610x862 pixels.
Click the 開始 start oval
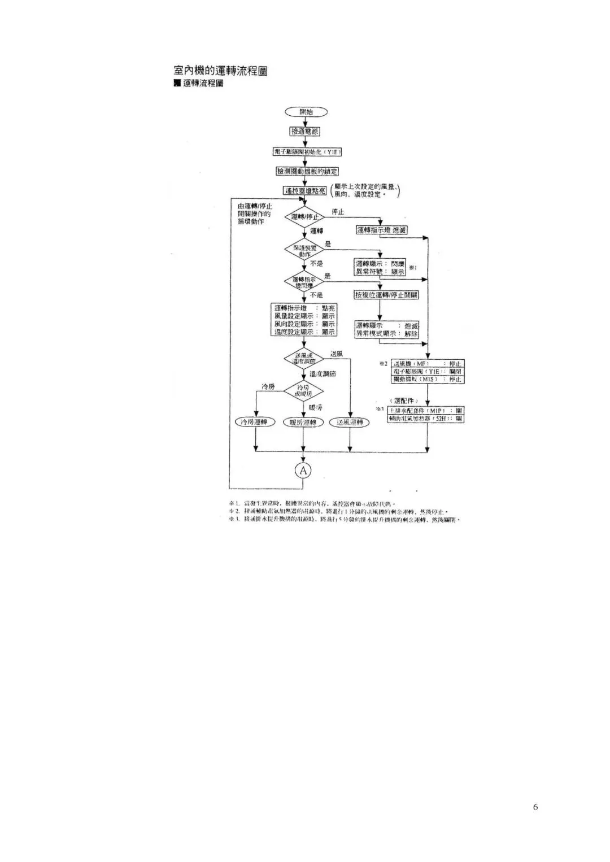[306, 112]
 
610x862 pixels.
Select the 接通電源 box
[305, 132]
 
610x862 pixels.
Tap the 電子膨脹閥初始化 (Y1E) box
[307, 151]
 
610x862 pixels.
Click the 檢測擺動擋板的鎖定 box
[307, 171]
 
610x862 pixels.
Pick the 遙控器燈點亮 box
[305, 191]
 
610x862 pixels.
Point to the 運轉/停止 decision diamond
[304, 216]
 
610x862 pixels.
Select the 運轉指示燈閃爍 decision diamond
[304, 282]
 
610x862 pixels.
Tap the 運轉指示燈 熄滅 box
[381, 230]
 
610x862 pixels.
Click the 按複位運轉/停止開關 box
[387, 295]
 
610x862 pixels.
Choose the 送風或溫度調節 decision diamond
[304, 358]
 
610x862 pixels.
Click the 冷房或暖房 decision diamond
[303, 390]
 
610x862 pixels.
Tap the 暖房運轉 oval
[303, 423]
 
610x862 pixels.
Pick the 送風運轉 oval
[350, 423]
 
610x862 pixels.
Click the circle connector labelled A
[304, 470]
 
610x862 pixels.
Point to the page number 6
[535, 807]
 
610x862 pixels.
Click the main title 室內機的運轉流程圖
[220, 71]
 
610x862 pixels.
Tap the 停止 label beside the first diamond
[338, 212]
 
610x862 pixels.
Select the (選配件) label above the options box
[404, 400]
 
